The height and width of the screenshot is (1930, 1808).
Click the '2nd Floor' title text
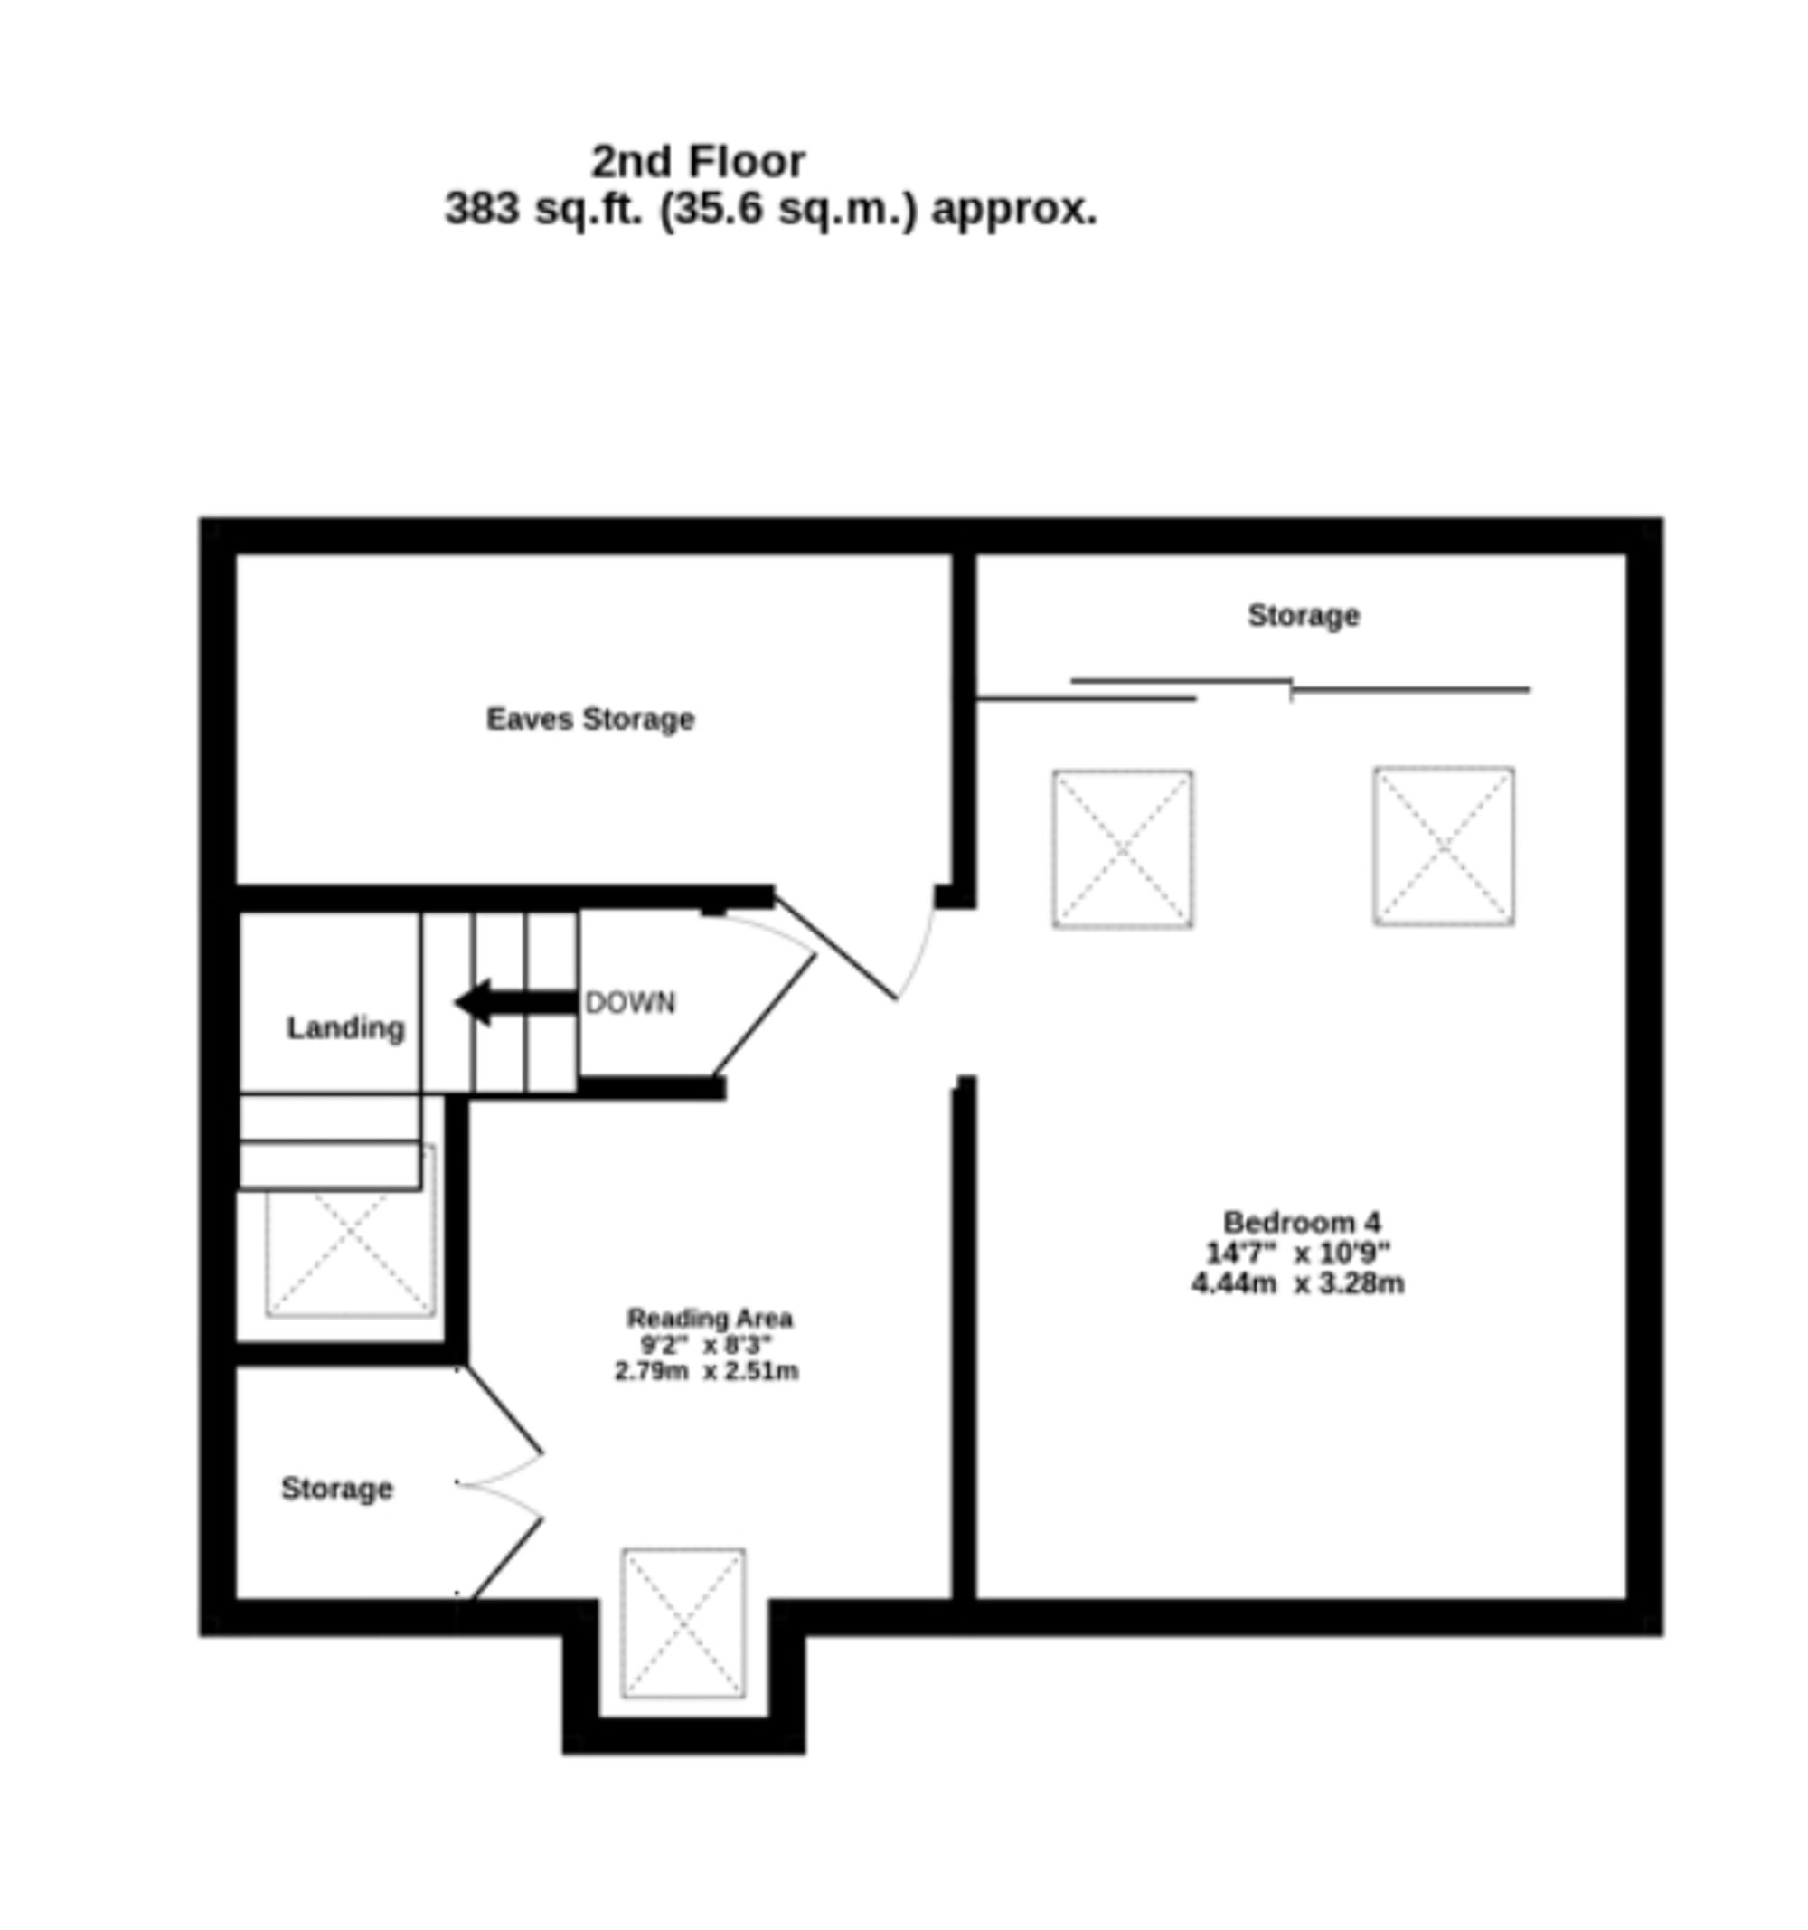(x=698, y=161)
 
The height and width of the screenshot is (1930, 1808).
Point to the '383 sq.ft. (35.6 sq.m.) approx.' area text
(x=770, y=209)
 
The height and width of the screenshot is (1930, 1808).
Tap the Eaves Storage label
(x=590, y=719)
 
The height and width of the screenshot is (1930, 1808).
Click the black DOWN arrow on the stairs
(x=514, y=1002)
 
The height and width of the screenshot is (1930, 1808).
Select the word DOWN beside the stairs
(x=630, y=1003)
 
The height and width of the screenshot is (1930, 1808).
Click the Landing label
(x=345, y=1028)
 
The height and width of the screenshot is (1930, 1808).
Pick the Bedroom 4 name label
(x=1302, y=1221)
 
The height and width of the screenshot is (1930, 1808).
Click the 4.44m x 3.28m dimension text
(x=1297, y=1283)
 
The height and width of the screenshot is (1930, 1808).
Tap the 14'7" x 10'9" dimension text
(x=1297, y=1253)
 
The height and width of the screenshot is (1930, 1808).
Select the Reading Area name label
(x=710, y=1319)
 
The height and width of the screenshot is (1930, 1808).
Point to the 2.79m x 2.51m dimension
(x=707, y=1371)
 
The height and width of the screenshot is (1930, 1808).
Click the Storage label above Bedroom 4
(x=1304, y=616)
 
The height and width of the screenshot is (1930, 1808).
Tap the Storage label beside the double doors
(x=337, y=1489)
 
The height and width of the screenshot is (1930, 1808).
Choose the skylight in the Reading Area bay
(x=683, y=1623)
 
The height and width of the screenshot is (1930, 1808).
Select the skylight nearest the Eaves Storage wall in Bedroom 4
(x=1123, y=848)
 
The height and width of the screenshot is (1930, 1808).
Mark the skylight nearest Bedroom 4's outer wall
(x=1443, y=846)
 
